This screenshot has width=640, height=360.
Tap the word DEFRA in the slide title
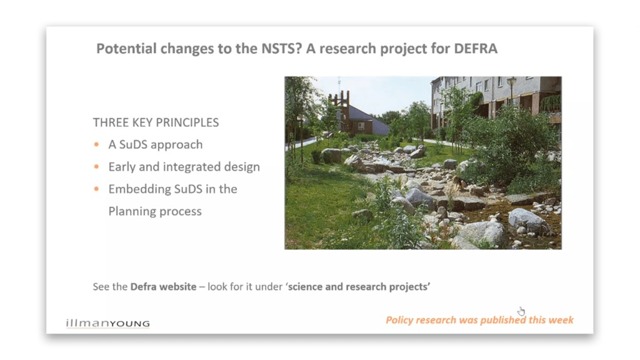tap(476, 49)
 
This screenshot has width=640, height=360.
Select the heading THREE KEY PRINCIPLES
tap(156, 122)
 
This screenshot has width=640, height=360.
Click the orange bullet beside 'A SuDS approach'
tap(96, 144)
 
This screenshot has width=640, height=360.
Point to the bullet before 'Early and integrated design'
tap(96, 166)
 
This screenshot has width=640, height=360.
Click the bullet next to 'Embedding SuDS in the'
tap(96, 189)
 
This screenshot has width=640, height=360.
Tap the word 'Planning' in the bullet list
tap(132, 211)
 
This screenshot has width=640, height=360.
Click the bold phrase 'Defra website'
tap(163, 286)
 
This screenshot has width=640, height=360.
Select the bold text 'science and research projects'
tap(359, 287)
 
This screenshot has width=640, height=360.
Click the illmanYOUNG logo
tap(107, 323)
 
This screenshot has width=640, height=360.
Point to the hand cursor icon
tap(521, 311)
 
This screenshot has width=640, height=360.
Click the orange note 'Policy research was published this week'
tap(479, 320)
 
